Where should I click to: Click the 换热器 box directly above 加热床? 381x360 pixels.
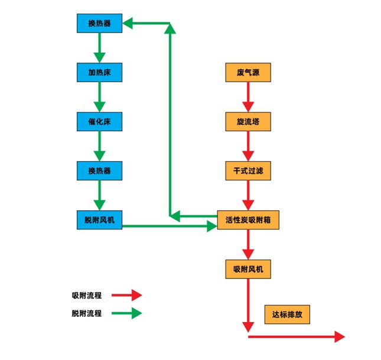coord(99,23)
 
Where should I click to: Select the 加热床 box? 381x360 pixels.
coord(99,73)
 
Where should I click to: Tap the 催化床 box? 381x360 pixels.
coord(99,122)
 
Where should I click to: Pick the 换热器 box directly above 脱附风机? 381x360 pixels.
coord(99,171)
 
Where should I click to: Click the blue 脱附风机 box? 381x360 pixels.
coord(99,220)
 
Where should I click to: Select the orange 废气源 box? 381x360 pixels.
coord(248,73)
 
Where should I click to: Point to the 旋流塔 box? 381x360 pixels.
coord(248,122)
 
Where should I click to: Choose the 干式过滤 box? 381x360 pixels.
coord(248,171)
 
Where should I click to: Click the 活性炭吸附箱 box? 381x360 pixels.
coord(248,220)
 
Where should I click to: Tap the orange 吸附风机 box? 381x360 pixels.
coord(248,269)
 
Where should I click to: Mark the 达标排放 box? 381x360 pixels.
coord(287,314)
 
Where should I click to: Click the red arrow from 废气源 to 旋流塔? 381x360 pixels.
coord(248,97)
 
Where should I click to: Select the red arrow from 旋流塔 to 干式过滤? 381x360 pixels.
coord(248,146)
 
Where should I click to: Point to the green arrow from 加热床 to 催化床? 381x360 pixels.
coord(99,97)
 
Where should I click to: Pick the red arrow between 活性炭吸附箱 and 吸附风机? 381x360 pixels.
coord(248,244)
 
